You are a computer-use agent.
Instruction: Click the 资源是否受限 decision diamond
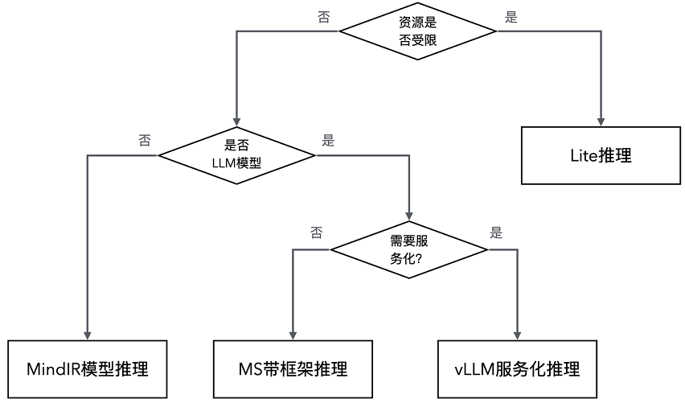click(418, 31)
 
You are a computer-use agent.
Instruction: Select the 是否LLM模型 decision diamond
click(237, 154)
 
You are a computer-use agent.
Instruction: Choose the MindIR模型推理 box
click(87, 369)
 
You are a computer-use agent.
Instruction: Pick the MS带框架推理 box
click(293, 369)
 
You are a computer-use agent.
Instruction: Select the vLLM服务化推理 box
click(517, 369)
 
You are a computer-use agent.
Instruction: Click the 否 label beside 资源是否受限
click(324, 18)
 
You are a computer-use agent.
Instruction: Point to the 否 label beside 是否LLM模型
click(145, 140)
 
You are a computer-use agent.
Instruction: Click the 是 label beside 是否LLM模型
click(328, 140)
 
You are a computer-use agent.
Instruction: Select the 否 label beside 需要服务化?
click(316, 234)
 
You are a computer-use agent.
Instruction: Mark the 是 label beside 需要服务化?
click(496, 234)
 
